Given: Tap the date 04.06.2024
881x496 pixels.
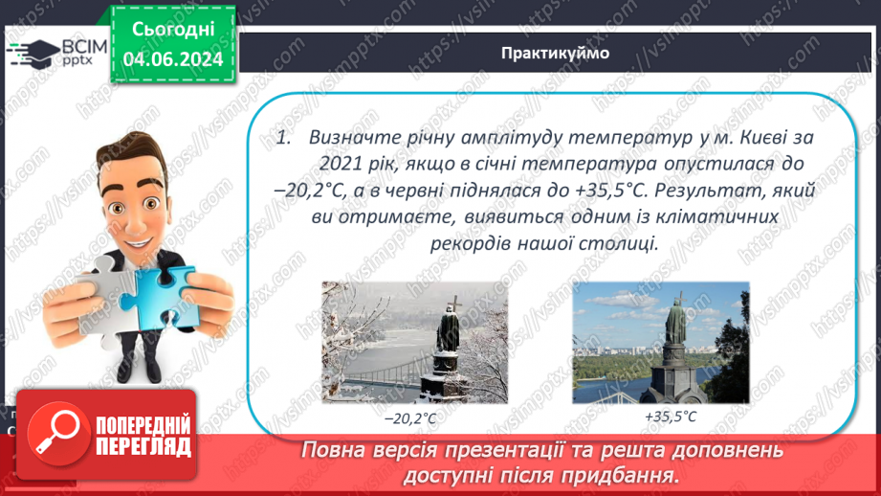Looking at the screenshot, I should click(173, 59).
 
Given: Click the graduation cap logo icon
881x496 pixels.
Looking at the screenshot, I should click(34, 54).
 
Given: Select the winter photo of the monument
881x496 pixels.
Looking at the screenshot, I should click(414, 342).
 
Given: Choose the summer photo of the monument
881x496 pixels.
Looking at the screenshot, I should click(660, 342).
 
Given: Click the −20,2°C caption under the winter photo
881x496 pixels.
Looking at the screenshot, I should click(414, 418).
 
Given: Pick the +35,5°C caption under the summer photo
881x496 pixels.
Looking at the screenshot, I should click(671, 417).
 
